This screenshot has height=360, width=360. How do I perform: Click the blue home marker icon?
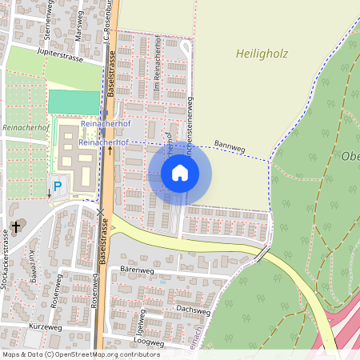click(x=180, y=172)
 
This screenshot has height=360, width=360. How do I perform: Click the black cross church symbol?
click(x=15, y=228)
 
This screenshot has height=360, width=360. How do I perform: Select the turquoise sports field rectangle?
click(x=73, y=102)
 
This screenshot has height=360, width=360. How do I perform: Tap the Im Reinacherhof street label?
click(x=157, y=76)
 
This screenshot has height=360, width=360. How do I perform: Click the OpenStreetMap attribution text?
click(x=80, y=354)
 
